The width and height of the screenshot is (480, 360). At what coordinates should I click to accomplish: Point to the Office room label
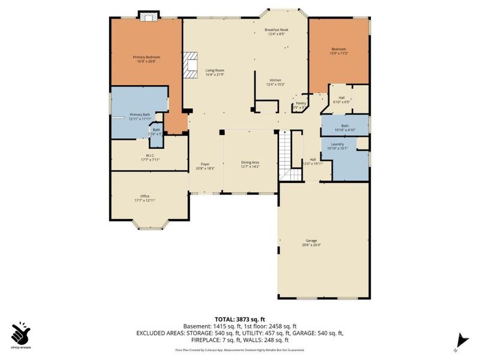tap(145, 196)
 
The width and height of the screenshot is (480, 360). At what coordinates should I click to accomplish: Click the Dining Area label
tap(250, 163)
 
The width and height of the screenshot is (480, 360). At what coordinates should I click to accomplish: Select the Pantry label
tap(301, 103)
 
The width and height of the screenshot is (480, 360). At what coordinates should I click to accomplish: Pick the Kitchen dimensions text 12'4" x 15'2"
tap(275, 85)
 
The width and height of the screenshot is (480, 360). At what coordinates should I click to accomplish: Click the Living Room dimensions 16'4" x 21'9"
tap(214, 74)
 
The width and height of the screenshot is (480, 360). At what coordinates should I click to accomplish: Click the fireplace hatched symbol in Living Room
tap(191, 65)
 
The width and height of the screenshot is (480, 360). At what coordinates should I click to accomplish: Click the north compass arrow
tap(460, 339)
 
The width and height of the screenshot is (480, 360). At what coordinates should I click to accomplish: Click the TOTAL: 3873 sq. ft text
tap(239, 319)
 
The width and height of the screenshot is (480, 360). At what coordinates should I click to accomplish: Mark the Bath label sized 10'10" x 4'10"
tap(344, 125)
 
